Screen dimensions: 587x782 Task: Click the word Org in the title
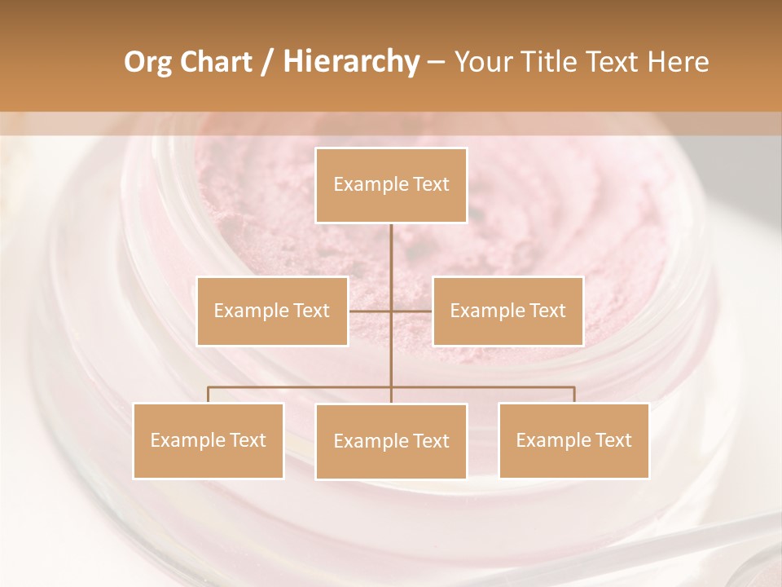[x=147, y=62]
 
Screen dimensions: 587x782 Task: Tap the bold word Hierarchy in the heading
[x=350, y=62]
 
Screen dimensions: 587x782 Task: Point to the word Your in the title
[x=482, y=62]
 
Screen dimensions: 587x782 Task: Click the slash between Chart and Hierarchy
[x=268, y=62]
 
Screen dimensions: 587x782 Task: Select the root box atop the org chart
[x=391, y=185]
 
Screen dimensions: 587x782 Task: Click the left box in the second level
[x=272, y=311]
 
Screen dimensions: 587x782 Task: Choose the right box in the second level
[x=507, y=311]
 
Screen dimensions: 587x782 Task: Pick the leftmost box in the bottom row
[x=208, y=440]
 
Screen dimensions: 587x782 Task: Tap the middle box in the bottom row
[x=391, y=441]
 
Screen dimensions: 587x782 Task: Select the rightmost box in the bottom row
[x=573, y=440]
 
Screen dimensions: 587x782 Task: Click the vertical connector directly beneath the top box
[x=391, y=261]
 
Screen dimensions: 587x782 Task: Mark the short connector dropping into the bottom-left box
[x=208, y=395]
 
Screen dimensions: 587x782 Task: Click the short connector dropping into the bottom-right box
[x=574, y=395]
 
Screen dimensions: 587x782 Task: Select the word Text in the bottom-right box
[x=613, y=440]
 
